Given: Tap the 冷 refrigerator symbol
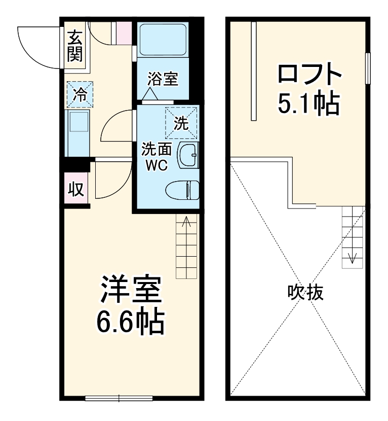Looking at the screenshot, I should tap(80, 94).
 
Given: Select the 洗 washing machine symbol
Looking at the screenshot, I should tap(181, 122).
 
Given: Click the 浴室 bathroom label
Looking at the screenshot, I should tap(163, 80).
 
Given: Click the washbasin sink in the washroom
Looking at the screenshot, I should tap(189, 154).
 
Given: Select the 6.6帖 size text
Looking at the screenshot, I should tap(130, 322).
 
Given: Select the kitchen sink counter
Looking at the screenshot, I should tap(77, 133).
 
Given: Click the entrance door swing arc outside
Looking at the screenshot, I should tap(38, 45).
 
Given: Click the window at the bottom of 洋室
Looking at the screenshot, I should tap(119, 398).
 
